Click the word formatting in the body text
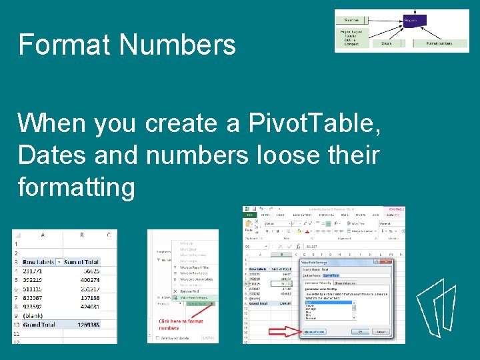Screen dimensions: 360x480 coord(76,187)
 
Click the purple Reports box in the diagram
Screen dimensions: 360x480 coord(411,21)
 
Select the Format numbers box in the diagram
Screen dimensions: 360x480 coord(439,43)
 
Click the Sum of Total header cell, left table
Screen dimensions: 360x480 coord(83,262)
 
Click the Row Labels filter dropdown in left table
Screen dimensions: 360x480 coord(59,262)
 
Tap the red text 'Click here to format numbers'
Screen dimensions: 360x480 coord(181,325)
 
